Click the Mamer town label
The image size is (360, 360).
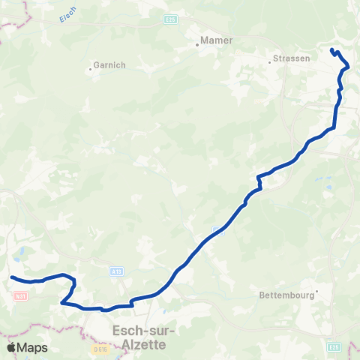[217, 40]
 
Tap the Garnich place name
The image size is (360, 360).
[109, 65]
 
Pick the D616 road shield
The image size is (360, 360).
[101, 349]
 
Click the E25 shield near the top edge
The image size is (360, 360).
[171, 19]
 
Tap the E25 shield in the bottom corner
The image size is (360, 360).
[335, 347]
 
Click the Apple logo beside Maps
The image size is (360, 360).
[11, 347]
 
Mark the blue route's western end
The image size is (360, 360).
[11, 277]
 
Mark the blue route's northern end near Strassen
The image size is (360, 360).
[331, 50]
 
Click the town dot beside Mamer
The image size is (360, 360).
[197, 44]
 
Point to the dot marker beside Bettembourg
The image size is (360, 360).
[317, 290]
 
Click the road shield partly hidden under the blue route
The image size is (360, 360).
[215, 229]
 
